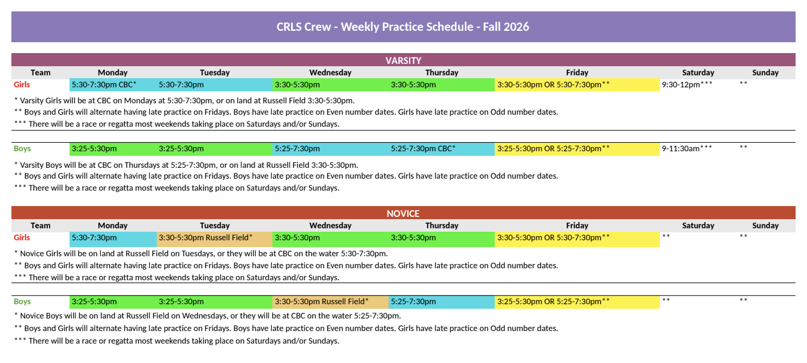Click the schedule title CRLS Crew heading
(x=403, y=27)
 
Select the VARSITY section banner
(x=403, y=60)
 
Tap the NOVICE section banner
(x=403, y=213)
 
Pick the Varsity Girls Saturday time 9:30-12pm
(x=687, y=85)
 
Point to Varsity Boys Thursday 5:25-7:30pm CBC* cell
(x=441, y=148)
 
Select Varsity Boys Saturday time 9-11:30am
(x=687, y=148)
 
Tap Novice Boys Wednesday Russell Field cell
(x=331, y=302)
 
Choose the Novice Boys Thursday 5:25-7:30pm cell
(x=441, y=302)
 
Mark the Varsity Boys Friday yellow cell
(x=577, y=148)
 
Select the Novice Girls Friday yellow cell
(x=577, y=239)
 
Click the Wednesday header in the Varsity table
(x=331, y=72)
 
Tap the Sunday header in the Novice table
(x=765, y=225)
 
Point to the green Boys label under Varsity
(x=22, y=148)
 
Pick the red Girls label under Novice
(x=22, y=238)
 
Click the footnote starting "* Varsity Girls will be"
(x=185, y=100)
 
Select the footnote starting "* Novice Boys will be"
(x=207, y=316)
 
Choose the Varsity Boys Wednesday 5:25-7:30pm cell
(x=331, y=148)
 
